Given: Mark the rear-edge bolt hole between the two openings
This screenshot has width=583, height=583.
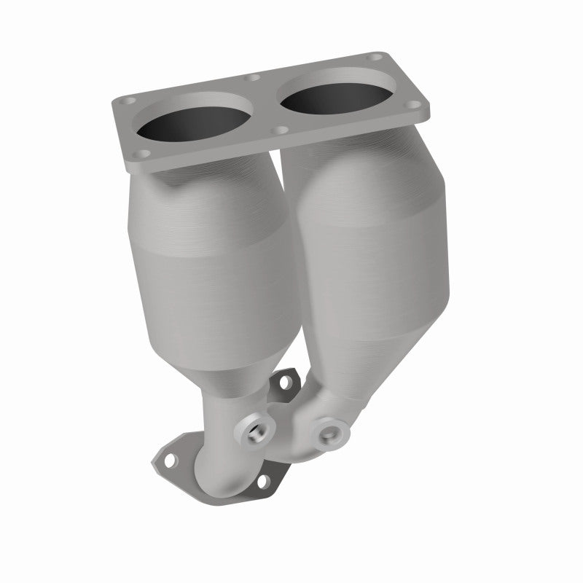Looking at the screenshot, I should click(x=254, y=78).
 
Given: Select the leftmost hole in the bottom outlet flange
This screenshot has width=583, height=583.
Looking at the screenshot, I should click(x=168, y=461).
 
